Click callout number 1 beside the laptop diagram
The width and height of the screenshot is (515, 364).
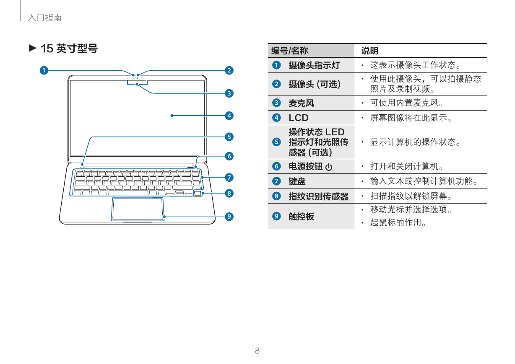pos(44,70)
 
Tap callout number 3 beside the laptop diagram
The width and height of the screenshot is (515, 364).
pos(229,93)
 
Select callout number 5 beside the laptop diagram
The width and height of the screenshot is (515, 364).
pos(229,137)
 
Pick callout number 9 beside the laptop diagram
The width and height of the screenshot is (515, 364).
pos(229,216)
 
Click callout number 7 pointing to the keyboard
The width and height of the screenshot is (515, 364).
pos(229,177)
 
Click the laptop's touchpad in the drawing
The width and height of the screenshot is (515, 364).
pos(138,209)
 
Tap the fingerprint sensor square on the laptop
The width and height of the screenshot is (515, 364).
pos(197,193)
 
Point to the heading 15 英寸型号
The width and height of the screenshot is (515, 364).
pos(69,49)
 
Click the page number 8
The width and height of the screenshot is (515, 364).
pos(257,351)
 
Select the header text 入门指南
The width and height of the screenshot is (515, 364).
pos(44,18)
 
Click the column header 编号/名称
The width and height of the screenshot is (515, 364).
pos(289,51)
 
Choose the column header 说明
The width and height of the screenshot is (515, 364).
pos(370,51)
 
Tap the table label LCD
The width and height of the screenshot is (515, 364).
pos(299,118)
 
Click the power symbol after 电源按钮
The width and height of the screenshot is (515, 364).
pos(329,167)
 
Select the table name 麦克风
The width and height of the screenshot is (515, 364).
pos(302,103)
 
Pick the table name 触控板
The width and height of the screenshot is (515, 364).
pos(302,216)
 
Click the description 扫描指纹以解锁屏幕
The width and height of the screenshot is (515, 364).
pos(411,196)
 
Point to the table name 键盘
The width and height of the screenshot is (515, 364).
pos(297,181)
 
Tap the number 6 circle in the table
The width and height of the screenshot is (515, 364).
pos(276,166)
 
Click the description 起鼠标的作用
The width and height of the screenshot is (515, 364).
pos(398,222)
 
